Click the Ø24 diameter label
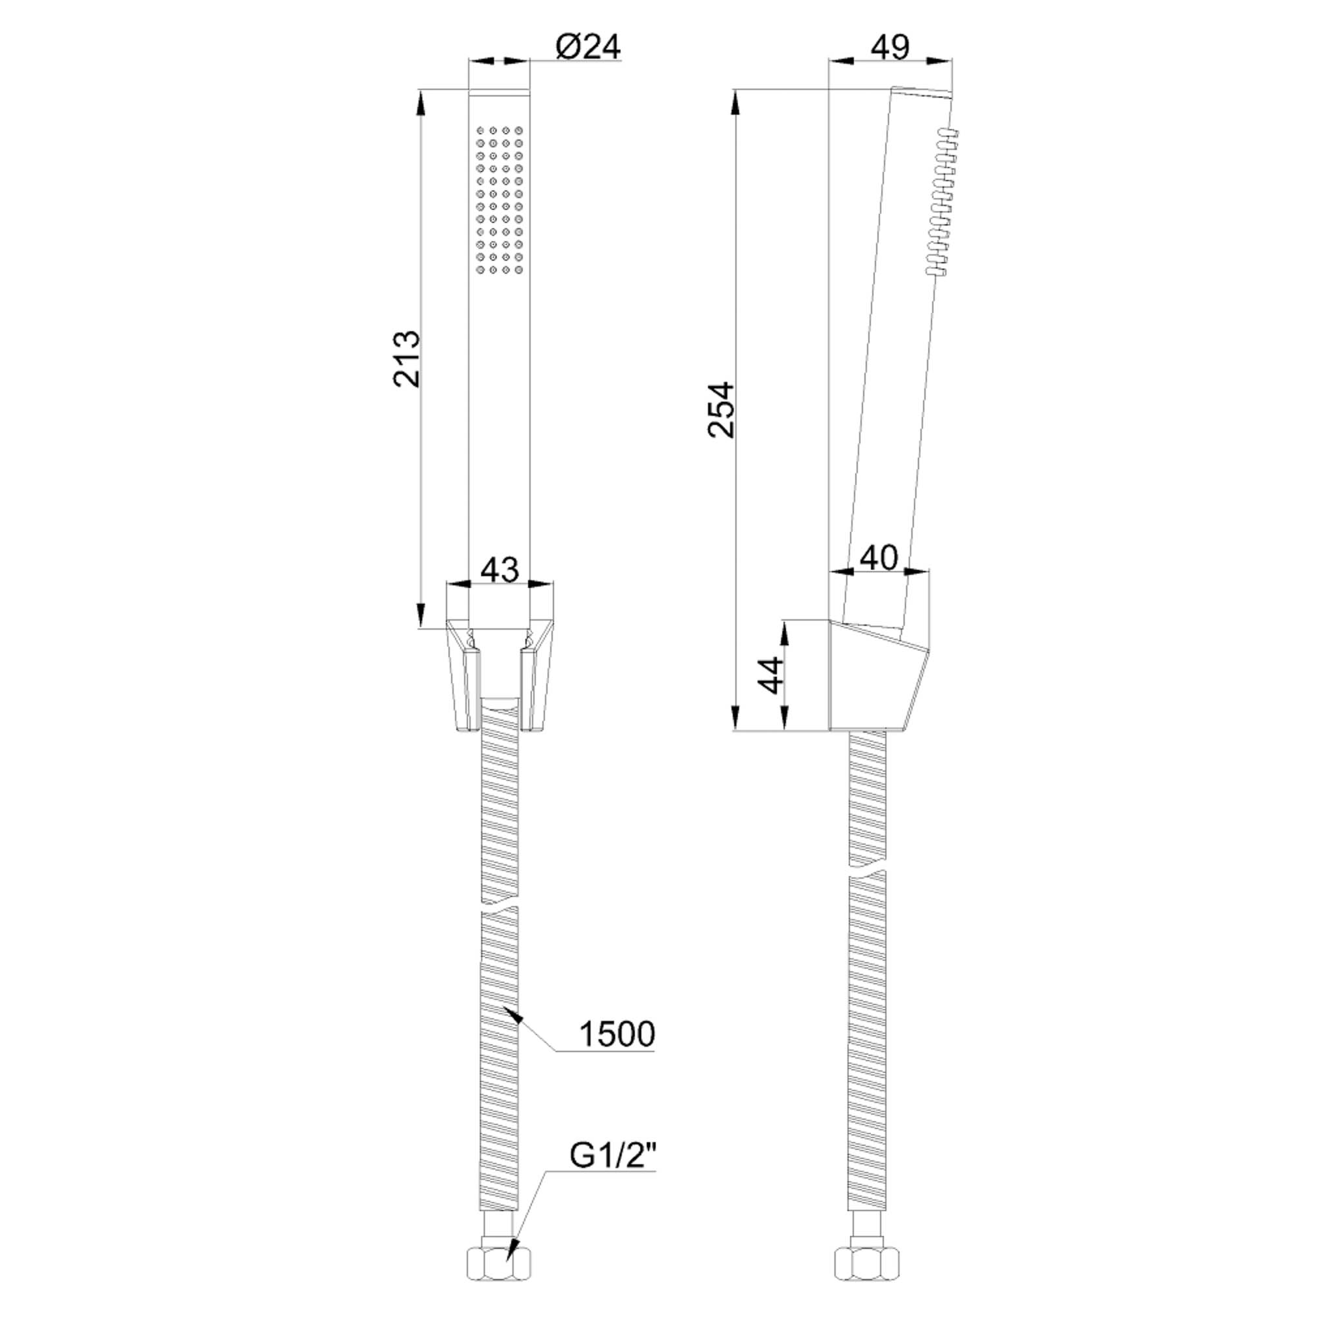(x=587, y=47)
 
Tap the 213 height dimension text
(x=407, y=359)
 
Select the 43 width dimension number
(x=499, y=570)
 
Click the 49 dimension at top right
(x=890, y=47)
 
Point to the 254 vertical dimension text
(x=722, y=409)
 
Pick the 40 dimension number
(x=878, y=557)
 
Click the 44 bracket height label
(x=770, y=675)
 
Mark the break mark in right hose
(x=866, y=870)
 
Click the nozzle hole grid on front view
(x=499, y=199)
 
